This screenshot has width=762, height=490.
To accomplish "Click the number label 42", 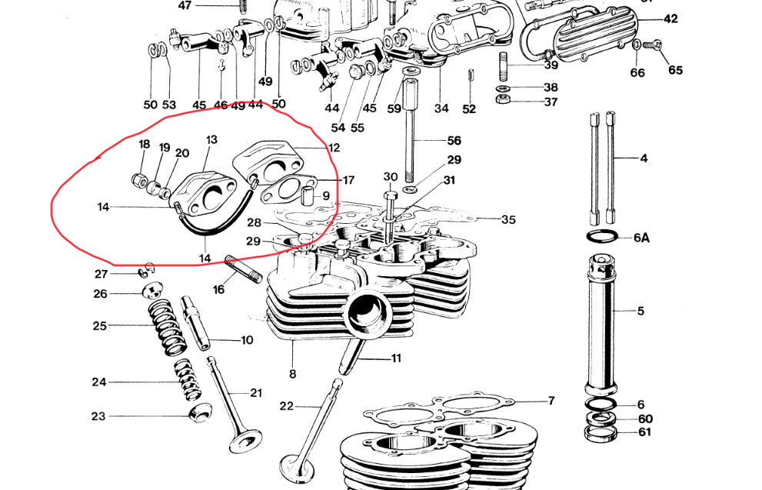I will [x=671, y=18].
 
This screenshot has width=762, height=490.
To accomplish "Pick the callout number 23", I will [x=98, y=417].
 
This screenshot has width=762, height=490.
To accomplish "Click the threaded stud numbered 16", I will [x=238, y=269].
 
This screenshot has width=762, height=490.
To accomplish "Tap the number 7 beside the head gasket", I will [x=551, y=401].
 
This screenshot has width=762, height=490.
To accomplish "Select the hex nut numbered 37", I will [x=501, y=102].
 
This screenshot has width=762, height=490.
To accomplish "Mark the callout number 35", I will [x=507, y=219].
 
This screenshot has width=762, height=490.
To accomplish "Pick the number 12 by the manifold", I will [x=333, y=148].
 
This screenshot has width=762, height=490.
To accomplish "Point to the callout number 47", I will [x=184, y=5].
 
